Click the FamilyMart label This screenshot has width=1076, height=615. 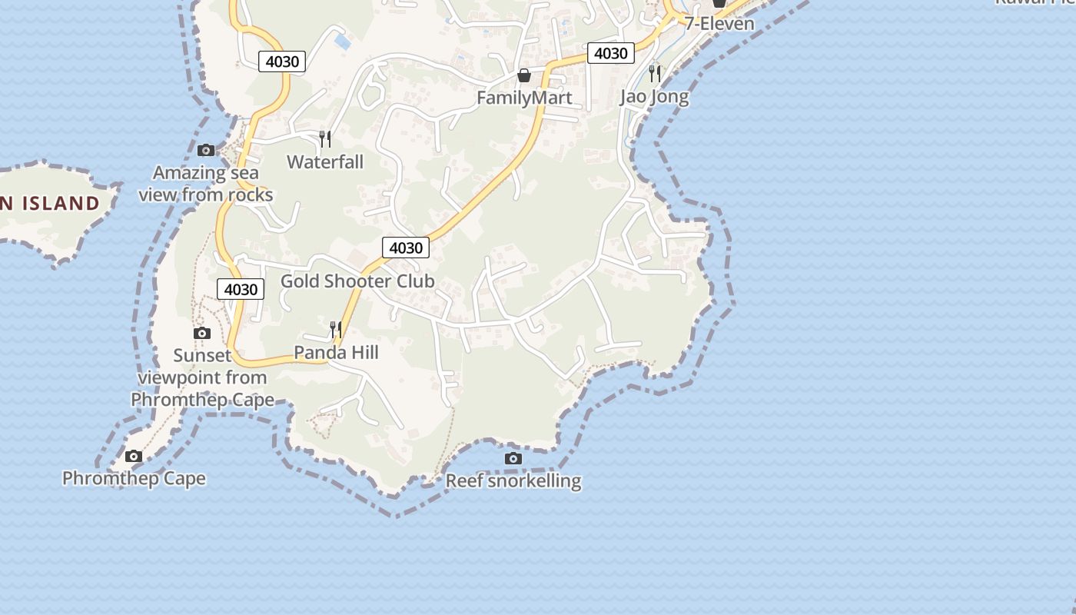coord(524,98)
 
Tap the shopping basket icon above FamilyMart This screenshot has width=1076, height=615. coord(524,75)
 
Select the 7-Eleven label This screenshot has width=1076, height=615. coord(719,23)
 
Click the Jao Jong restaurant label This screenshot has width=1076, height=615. coord(655,97)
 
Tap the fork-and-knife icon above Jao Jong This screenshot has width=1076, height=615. coord(655,73)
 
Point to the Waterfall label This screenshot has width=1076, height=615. coord(325,161)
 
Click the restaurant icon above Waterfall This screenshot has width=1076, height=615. coord(325,138)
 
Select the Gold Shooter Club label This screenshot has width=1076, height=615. coord(357,281)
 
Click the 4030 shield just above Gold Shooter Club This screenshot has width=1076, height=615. coord(406,248)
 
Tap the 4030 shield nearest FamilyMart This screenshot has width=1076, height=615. coord(611,53)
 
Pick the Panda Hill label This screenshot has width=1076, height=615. coord(337,352)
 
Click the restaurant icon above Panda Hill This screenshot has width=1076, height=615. coord(336,330)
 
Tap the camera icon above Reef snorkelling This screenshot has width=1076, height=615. coord(513,459)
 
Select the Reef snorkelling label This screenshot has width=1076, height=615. coord(513,481)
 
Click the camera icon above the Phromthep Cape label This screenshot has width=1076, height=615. coord(134,457)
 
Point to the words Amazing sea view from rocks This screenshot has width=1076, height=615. coord(206,184)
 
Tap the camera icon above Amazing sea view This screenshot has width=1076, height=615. coord(206,150)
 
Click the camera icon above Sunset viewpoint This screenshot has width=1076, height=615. coord(202,333)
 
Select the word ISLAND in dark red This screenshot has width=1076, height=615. coord(61,204)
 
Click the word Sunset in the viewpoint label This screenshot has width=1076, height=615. coord(202,355)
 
